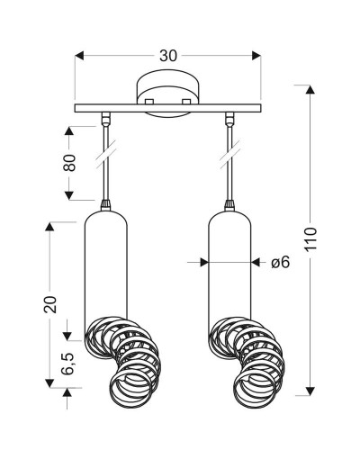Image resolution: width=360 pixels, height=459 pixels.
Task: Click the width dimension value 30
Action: [168, 56]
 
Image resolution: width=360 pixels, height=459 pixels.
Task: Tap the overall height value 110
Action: [310, 239]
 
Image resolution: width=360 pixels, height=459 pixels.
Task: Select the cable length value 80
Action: [69, 163]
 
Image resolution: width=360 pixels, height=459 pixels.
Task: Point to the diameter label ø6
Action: [280, 263]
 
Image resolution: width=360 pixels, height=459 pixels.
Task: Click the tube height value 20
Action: [50, 305]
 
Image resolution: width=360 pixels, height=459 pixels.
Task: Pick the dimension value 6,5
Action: [67, 364]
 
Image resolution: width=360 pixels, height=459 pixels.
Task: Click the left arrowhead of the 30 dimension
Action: [79, 56]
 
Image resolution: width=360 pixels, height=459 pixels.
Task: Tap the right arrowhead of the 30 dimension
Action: [256, 56]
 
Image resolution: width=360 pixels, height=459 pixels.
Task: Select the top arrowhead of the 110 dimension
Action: [310, 89]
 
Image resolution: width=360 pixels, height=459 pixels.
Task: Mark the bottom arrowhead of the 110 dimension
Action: [310, 391]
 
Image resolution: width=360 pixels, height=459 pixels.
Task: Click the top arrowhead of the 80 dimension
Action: [69, 131]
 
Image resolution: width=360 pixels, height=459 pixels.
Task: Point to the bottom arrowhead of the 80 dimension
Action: [69, 195]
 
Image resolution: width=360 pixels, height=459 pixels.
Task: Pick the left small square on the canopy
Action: [149, 102]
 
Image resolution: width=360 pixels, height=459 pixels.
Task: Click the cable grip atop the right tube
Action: [229, 204]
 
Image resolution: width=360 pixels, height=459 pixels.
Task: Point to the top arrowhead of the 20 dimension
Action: [49, 226]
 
